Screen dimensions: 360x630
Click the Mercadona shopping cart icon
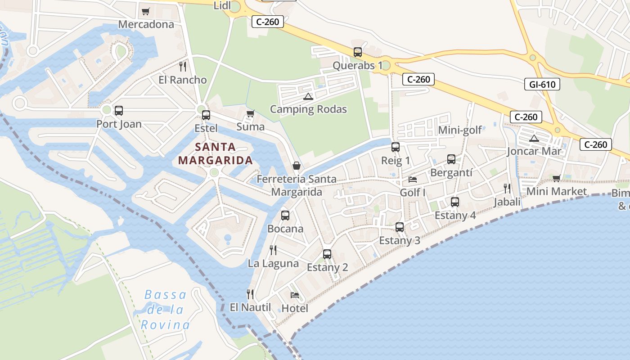click(x=145, y=11)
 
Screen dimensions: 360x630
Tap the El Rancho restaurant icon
click(x=182, y=67)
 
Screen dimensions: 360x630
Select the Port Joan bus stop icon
click(x=119, y=111)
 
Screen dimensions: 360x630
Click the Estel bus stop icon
click(x=206, y=115)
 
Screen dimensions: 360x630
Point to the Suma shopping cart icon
click(x=250, y=113)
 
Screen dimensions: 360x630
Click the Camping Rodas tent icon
click(x=308, y=96)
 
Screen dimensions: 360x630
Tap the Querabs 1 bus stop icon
click(x=357, y=52)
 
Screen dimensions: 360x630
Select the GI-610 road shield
click(x=542, y=84)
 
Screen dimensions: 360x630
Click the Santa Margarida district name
click(x=215, y=153)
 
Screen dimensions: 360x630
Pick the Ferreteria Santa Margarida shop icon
click(x=297, y=166)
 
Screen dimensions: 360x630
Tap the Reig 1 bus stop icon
click(x=396, y=147)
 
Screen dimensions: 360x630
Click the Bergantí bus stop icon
click(x=451, y=159)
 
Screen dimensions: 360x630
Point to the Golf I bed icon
click(x=412, y=180)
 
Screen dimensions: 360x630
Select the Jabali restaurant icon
click(x=507, y=189)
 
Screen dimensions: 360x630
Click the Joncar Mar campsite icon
click(x=534, y=138)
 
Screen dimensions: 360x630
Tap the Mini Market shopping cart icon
click(x=556, y=178)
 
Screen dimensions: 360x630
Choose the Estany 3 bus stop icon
click(x=399, y=227)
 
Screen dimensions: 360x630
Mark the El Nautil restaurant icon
click(x=250, y=294)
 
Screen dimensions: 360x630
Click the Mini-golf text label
click(x=459, y=130)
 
